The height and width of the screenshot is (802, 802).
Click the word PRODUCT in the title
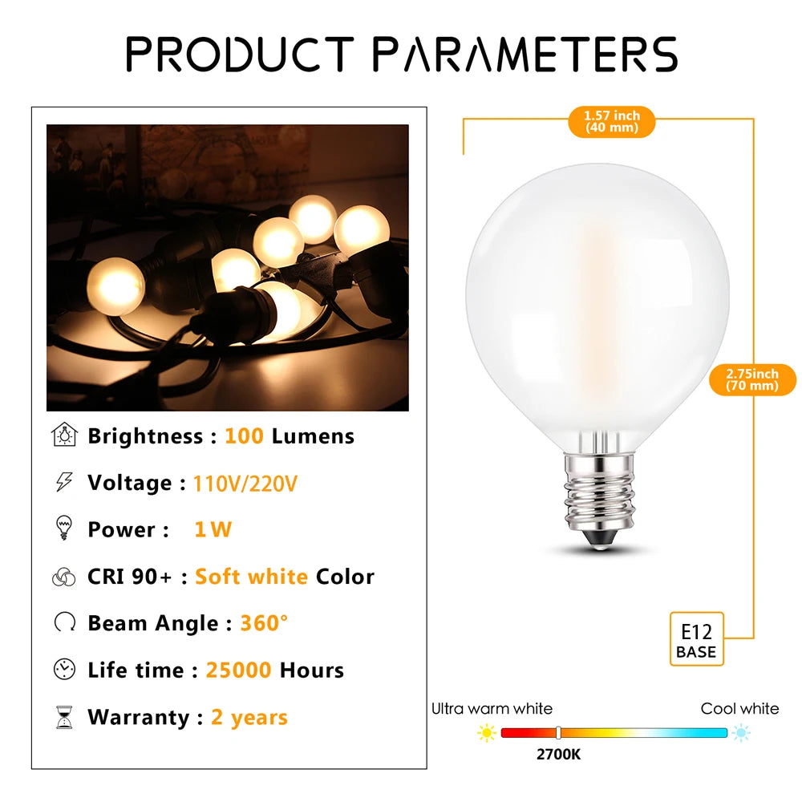(x=239, y=55)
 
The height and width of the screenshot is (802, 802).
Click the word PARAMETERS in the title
(x=525, y=55)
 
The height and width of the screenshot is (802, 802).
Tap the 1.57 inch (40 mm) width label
(x=612, y=122)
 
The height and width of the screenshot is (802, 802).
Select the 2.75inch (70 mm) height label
(x=752, y=379)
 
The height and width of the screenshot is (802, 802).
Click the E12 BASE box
(x=695, y=638)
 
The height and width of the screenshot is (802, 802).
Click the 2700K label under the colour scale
(x=560, y=755)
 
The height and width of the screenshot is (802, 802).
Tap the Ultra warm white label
(x=492, y=708)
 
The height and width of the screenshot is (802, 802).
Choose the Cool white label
(x=739, y=708)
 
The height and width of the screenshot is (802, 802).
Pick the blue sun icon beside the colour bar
(x=742, y=732)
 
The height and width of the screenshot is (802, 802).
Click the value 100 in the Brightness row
(x=244, y=436)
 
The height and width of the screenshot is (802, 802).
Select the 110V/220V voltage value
(x=245, y=484)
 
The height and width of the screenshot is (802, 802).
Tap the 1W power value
(x=213, y=529)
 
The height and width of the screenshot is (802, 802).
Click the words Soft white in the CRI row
(x=251, y=577)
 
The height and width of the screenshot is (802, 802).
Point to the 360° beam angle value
(x=264, y=623)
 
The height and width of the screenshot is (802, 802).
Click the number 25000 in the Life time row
(x=238, y=670)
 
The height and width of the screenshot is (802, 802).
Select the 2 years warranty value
(x=249, y=717)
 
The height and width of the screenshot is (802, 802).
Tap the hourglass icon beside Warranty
(x=64, y=717)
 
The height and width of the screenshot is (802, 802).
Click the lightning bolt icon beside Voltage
(x=63, y=482)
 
